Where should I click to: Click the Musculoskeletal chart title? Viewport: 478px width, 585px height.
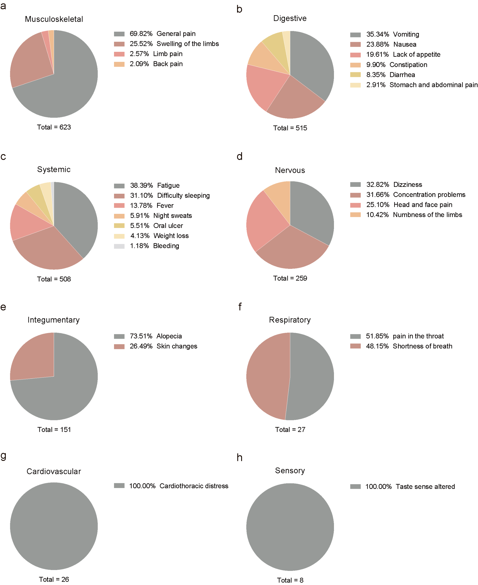[x=54, y=19]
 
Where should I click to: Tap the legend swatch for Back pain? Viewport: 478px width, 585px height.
[x=119, y=64]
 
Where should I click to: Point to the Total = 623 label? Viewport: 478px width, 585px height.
[x=54, y=127]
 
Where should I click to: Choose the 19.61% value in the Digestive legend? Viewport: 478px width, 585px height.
[x=377, y=55]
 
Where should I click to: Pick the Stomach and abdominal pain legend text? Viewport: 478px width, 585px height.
[x=433, y=85]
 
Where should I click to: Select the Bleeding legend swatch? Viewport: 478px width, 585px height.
[x=119, y=246]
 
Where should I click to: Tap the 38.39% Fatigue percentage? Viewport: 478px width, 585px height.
[x=141, y=186]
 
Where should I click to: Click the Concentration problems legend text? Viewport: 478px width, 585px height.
[x=429, y=195]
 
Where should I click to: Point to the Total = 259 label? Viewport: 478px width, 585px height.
[x=290, y=278]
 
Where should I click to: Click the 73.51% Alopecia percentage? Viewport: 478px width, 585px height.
[x=141, y=336]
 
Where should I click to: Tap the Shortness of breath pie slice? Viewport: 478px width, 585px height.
[x=267, y=377]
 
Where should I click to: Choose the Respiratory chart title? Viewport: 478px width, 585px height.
[x=290, y=320]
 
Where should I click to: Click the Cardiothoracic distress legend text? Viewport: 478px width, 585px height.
[x=194, y=486]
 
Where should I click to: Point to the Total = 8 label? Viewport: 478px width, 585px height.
[x=290, y=580]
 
